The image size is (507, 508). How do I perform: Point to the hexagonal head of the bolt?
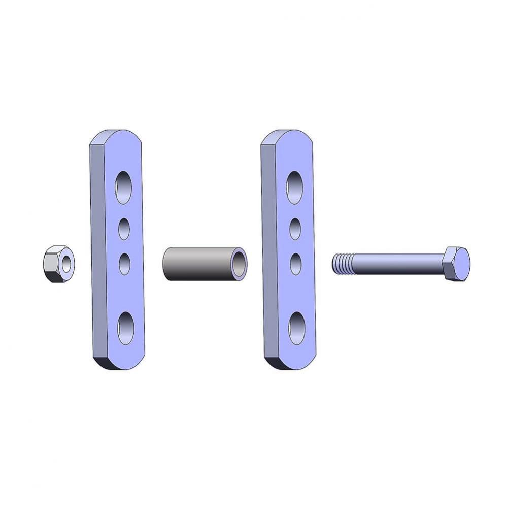click(x=456, y=264)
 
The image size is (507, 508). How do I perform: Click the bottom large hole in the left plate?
click(x=124, y=328)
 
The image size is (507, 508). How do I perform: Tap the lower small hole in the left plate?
click(x=124, y=264)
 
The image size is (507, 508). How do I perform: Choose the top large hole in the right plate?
click(x=295, y=187)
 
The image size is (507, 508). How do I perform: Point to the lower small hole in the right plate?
click(x=295, y=264)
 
